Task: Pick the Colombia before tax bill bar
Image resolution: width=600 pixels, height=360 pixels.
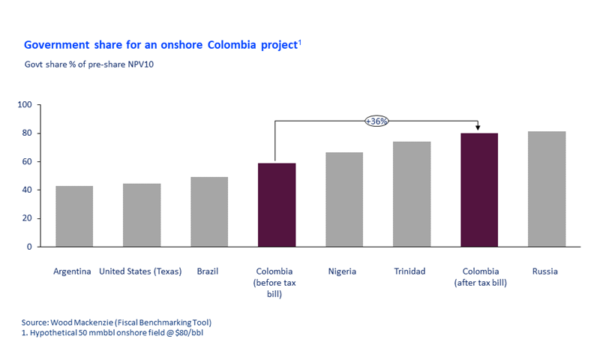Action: pyautogui.click(x=277, y=205)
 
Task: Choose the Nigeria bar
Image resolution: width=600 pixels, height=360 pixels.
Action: pyautogui.click(x=344, y=199)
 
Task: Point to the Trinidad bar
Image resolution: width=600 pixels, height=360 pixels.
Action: pyautogui.click(x=412, y=193)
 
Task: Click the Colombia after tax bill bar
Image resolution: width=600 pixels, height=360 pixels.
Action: pyautogui.click(x=479, y=190)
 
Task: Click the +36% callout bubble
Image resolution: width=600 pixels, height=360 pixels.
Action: pyautogui.click(x=376, y=120)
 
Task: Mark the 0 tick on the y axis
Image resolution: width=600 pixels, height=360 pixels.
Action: pyautogui.click(x=29, y=247)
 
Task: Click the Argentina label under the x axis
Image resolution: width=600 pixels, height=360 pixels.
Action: pyautogui.click(x=73, y=271)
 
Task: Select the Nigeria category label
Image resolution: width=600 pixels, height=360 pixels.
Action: pyautogui.click(x=343, y=271)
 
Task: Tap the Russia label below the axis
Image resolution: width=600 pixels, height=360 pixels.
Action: pyautogui.click(x=545, y=271)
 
